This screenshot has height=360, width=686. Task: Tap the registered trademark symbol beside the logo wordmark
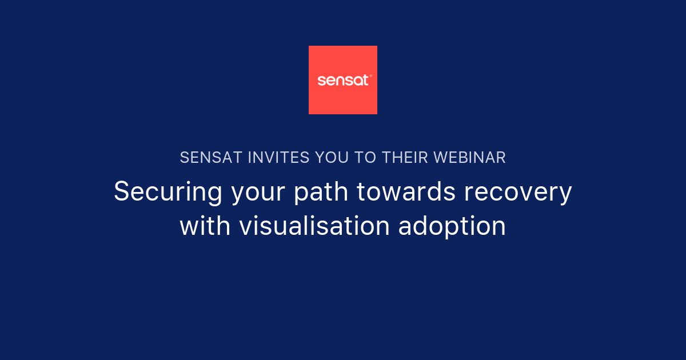(371, 75)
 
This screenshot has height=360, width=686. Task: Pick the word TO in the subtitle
(365, 158)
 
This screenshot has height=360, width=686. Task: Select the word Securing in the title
(168, 192)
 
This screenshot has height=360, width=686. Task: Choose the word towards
(406, 192)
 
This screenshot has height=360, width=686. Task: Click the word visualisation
(315, 226)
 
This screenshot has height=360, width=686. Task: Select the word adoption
(452, 227)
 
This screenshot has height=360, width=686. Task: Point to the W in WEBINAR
(441, 158)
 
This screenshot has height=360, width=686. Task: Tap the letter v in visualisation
(245, 227)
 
